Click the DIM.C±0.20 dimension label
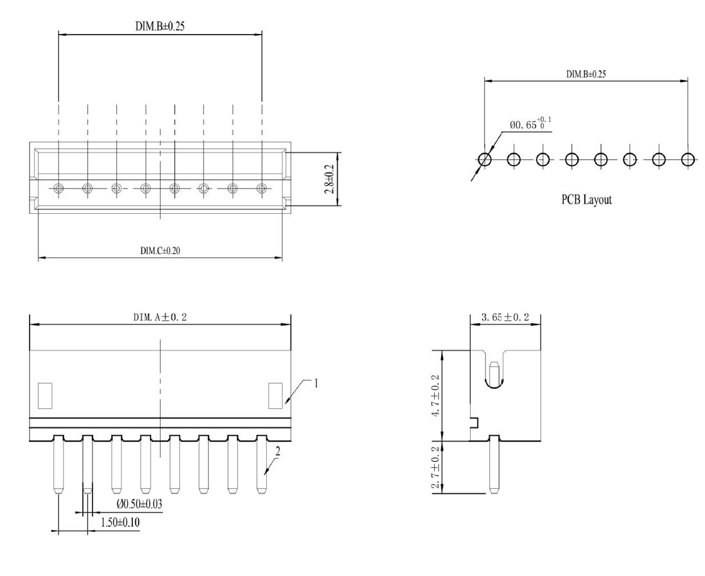coord(160,251)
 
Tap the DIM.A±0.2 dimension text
coord(160,317)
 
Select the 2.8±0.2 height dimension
coord(329,179)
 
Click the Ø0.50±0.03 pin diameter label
coord(139,504)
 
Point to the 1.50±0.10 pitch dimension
coord(120,523)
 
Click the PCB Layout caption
coord(586,199)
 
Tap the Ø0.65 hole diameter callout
coord(530,123)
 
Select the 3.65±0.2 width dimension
coord(505,317)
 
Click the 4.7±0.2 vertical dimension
coord(436,396)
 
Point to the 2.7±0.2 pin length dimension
coord(436,467)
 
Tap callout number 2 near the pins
coord(278,451)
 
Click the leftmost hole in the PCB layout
coord(485,159)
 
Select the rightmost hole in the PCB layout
coord(687,159)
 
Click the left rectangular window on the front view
coord(45,396)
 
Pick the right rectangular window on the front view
coord(276,396)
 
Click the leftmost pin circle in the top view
coord(59,188)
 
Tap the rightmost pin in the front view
coord(261,464)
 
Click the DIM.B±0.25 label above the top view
coord(160,26)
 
